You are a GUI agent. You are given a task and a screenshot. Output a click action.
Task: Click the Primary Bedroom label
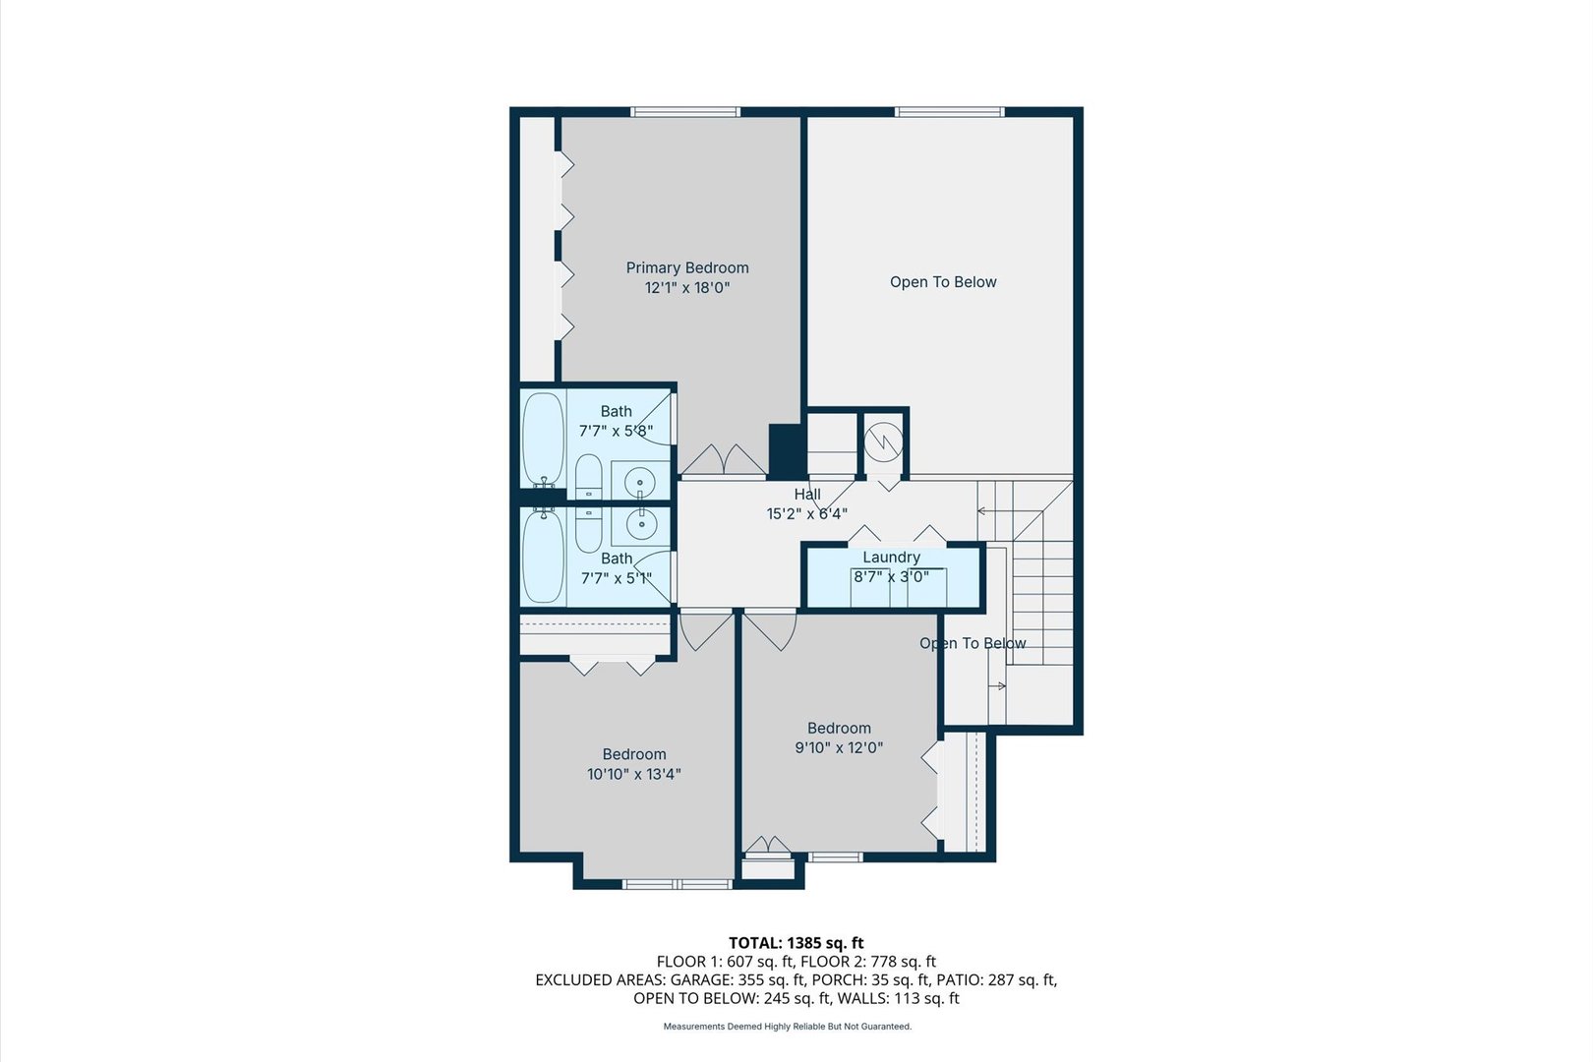point(687,267)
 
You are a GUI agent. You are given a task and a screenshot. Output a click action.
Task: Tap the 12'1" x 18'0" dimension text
point(687,287)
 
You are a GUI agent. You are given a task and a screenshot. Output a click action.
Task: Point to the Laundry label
point(891,557)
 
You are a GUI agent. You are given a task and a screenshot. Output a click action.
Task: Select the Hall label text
point(807,494)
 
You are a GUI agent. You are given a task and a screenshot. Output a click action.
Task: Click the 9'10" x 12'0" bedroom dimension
point(839,747)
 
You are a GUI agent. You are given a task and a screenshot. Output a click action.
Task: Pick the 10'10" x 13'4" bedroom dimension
point(633,774)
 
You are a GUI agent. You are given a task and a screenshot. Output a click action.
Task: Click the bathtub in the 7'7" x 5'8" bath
point(544,440)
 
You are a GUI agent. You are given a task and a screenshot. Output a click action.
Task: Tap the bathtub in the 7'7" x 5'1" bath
point(544,557)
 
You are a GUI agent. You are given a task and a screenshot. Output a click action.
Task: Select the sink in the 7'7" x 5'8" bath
point(641,482)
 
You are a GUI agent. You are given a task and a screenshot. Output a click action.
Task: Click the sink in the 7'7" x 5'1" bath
point(641,524)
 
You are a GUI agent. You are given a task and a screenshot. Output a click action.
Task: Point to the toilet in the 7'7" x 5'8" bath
point(588,476)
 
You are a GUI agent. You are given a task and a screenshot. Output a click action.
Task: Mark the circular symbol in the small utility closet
point(884,442)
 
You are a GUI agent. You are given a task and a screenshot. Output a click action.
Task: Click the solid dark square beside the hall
point(788,451)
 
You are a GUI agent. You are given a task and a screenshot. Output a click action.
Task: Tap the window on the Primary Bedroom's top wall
point(685,112)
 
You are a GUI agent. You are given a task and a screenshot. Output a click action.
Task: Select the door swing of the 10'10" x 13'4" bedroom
point(704,630)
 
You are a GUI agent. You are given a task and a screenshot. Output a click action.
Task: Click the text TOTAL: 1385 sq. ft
point(796,943)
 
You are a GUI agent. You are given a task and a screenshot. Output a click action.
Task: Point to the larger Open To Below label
point(943,281)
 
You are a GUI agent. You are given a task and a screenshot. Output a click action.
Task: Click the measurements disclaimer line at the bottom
point(788,1027)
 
